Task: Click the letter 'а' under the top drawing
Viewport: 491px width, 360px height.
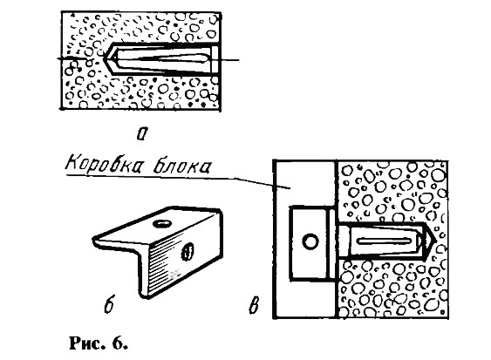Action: pyautogui.click(x=142, y=133)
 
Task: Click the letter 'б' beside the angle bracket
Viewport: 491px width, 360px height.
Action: pyautogui.click(x=109, y=303)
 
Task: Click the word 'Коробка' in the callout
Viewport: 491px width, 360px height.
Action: pyautogui.click(x=103, y=163)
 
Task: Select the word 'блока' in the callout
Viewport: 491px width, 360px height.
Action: pyautogui.click(x=181, y=165)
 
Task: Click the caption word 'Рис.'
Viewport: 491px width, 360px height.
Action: pyautogui.click(x=87, y=343)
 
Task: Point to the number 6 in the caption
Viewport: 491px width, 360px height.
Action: pyautogui.click(x=119, y=343)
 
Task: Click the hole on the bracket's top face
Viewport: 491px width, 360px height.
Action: pyautogui.click(x=162, y=223)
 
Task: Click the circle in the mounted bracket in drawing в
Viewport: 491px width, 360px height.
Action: pyautogui.click(x=310, y=241)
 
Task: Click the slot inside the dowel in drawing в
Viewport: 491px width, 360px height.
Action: pyautogui.click(x=385, y=241)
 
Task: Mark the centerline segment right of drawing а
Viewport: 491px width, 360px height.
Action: pyautogui.click(x=229, y=59)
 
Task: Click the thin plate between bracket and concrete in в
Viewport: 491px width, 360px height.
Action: pyautogui.click(x=331, y=242)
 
